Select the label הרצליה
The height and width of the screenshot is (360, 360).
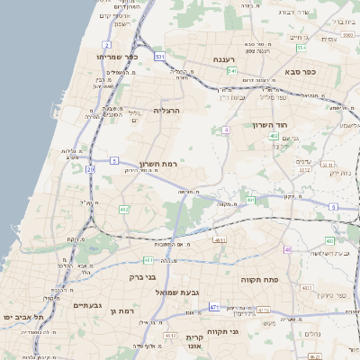pos(167,111)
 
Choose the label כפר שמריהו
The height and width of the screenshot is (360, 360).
pos(116,56)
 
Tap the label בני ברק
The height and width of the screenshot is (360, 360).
pos(144,278)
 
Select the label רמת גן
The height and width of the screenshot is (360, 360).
pos(121,310)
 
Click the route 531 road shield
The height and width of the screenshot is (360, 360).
pos(159,57)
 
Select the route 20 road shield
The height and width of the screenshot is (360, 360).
pos(90,168)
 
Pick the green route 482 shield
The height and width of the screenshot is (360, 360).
pos(124,209)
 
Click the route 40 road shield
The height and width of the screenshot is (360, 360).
pos(288,249)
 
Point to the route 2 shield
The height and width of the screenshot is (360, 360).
pos(106,43)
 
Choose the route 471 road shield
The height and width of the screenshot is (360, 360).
pos(213,307)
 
